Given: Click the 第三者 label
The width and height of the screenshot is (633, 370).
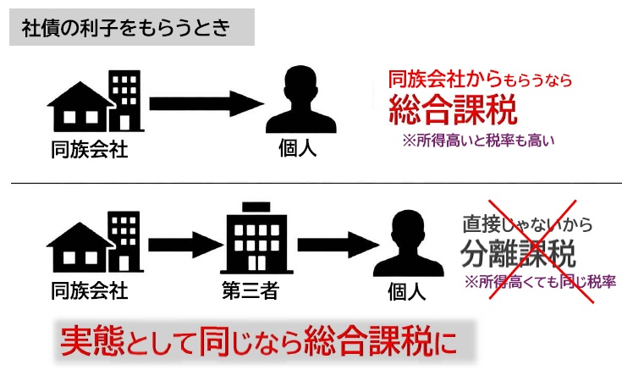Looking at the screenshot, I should (x=249, y=292).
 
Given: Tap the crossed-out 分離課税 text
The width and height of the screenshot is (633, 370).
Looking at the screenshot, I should (x=518, y=252).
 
